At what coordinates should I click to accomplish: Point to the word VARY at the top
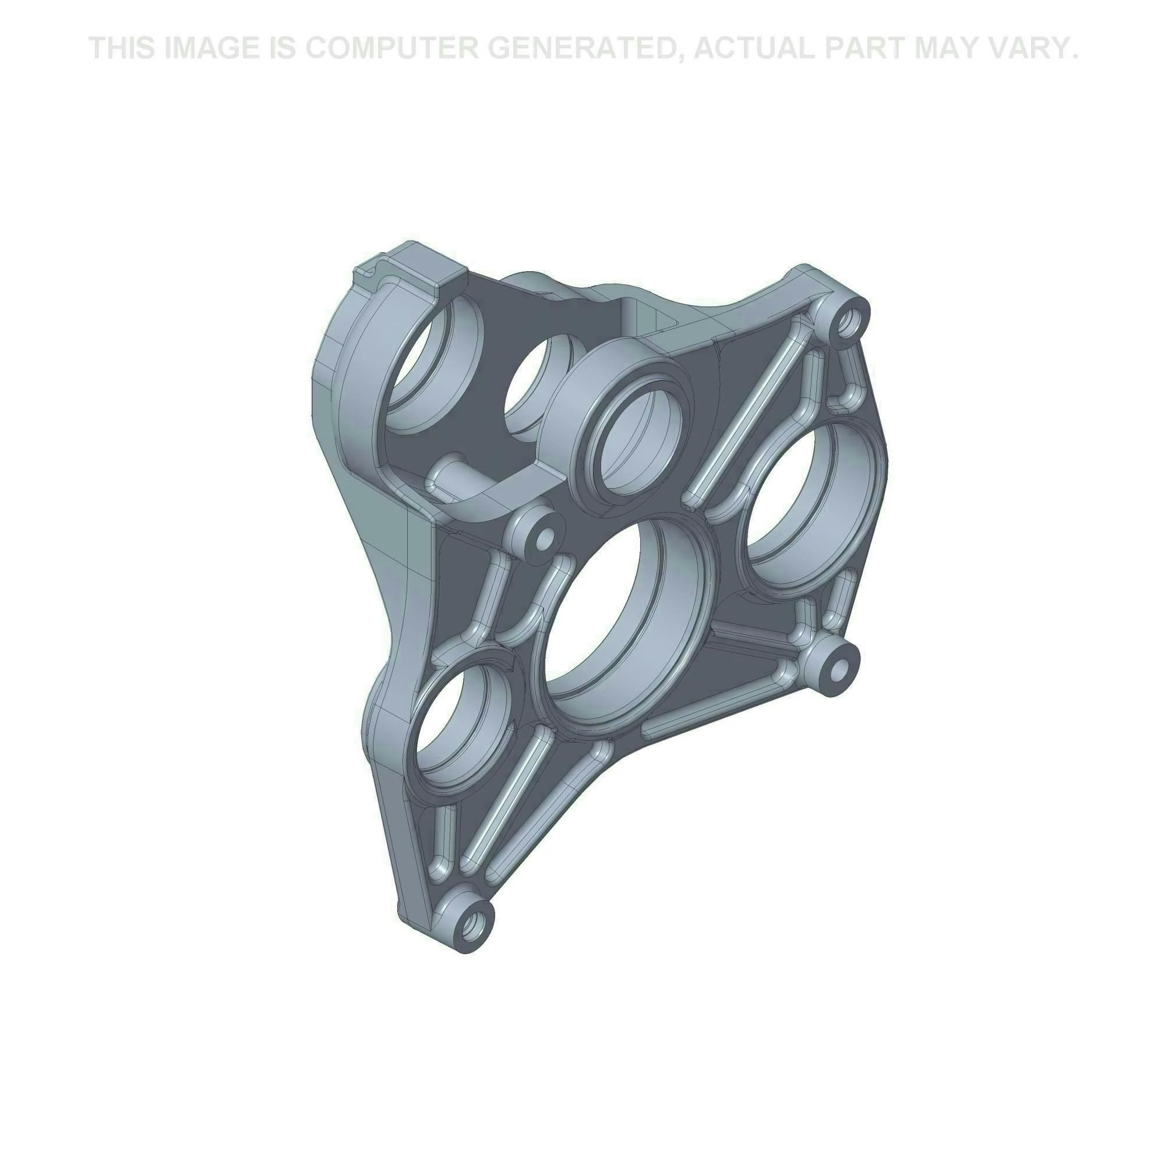1028,48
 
